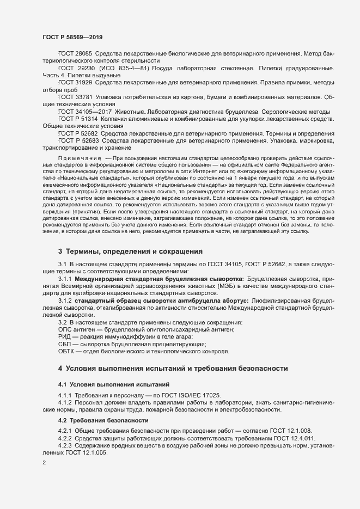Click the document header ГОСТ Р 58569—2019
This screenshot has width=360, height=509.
72,37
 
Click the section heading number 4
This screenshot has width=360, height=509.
60,369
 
